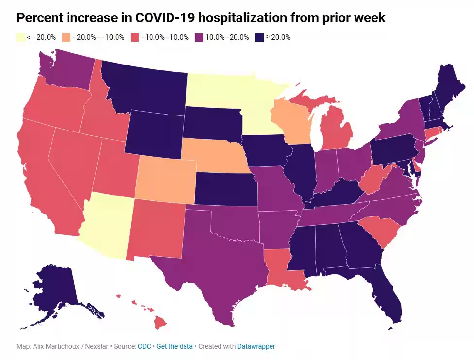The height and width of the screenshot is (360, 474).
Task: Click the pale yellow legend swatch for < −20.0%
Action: (x=20, y=37)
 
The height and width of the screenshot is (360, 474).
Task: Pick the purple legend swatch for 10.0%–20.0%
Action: (x=199, y=37)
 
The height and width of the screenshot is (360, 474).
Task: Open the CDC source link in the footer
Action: (x=144, y=347)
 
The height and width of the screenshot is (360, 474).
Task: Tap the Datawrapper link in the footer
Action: (x=256, y=347)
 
